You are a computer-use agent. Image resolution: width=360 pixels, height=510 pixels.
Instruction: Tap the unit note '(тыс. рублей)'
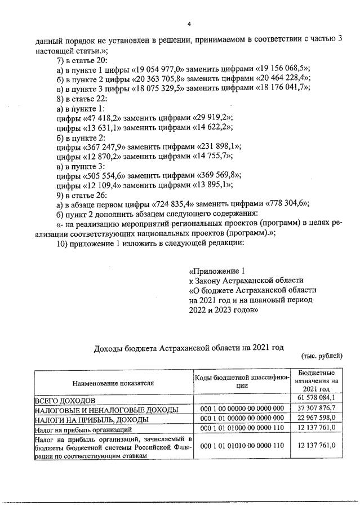click(x=322, y=356)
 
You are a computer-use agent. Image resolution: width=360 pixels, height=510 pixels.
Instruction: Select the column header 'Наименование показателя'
click(x=113, y=382)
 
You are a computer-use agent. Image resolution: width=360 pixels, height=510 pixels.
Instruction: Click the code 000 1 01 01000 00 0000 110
click(x=242, y=429)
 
